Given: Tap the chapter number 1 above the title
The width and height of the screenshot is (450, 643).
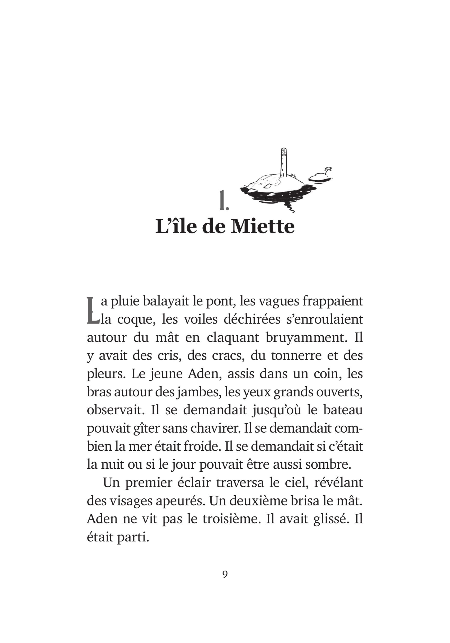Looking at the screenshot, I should [224, 201].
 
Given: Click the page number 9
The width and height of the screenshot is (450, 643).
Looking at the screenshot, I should [225, 574].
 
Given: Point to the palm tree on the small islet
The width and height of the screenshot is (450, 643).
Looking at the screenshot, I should [328, 170].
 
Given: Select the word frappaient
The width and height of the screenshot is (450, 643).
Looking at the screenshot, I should [333, 302].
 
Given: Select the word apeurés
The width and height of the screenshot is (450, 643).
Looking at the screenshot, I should [180, 501].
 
